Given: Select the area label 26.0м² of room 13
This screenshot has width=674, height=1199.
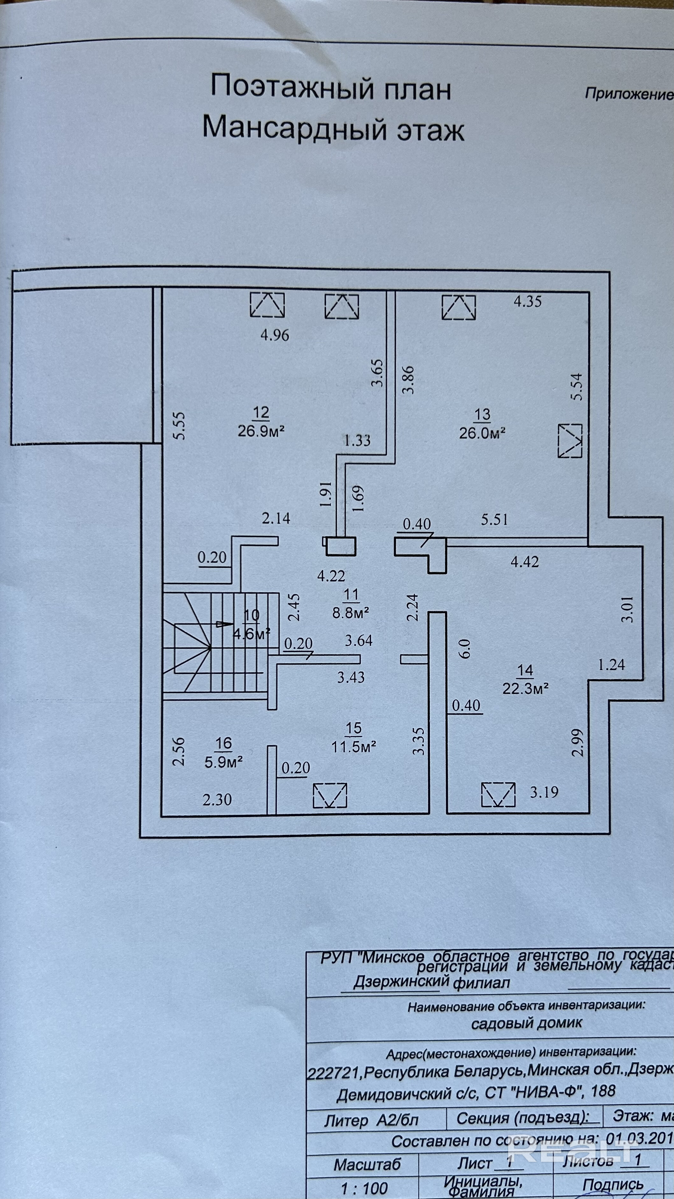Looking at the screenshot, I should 482,433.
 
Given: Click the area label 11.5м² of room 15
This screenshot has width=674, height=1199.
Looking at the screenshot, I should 353,747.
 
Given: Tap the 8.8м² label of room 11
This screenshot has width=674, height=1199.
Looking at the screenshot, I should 351,612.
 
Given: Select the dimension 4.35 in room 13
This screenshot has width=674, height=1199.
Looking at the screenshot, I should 528,302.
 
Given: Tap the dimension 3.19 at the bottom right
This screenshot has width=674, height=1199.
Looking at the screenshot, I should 544,792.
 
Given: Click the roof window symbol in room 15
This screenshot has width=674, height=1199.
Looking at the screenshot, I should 330,795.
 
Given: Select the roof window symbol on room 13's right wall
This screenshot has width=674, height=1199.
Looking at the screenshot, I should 570,440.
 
